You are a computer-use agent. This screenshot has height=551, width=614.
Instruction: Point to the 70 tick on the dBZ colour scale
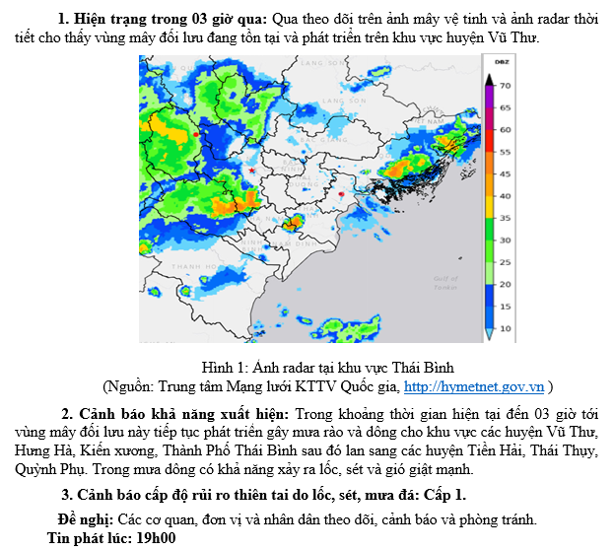tap(505, 86)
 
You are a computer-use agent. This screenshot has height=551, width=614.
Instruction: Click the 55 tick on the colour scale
tap(505, 152)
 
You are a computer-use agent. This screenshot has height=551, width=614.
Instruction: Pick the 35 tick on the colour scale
tap(505, 218)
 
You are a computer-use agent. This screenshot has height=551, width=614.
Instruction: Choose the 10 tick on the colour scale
tap(505, 327)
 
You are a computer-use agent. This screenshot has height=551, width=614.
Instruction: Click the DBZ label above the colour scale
tap(501, 62)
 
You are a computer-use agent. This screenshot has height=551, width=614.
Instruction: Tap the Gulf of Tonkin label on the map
tap(445, 283)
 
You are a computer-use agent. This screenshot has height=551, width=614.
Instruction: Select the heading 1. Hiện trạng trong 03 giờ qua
tap(163, 18)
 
